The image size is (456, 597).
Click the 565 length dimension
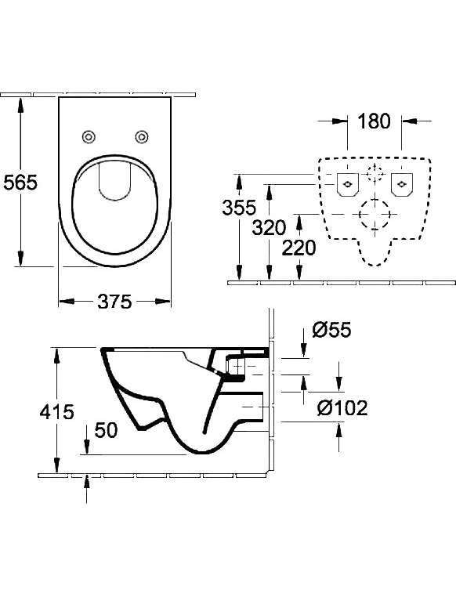click(20, 183)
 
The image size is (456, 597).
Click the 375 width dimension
click(114, 302)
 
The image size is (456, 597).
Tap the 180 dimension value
click(375, 121)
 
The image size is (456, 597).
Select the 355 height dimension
click(240, 208)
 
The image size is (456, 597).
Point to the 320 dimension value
click(269, 228)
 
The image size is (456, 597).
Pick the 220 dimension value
click(299, 248)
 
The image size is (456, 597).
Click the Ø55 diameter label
click(331, 329)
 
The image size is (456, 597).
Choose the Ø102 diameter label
click(342, 408)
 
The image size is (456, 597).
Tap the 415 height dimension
click(56, 411)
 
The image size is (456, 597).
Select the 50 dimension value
click(107, 430)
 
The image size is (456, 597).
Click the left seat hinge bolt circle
click(89, 136)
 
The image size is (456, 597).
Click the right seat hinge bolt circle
click(142, 136)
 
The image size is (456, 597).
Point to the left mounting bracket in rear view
click(348, 185)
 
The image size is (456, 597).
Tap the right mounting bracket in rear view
click(402, 185)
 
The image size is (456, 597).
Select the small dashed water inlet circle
click(375, 173)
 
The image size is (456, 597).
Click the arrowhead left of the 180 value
click(339, 121)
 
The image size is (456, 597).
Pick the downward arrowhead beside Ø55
click(303, 350)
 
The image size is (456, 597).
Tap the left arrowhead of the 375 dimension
click(67, 302)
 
